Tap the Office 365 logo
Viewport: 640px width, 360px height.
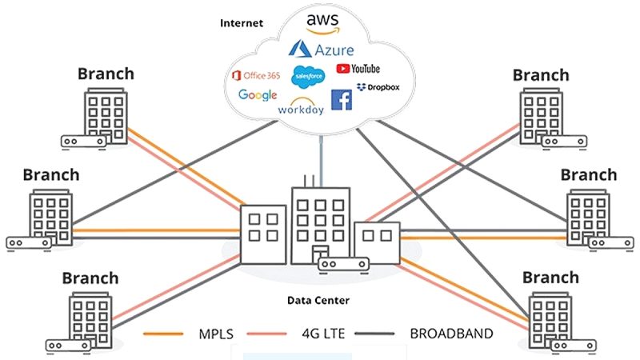coord(255,76)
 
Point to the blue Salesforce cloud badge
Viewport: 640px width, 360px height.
coord(308,77)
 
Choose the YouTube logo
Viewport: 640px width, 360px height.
coord(358,70)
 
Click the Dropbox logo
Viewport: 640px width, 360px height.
coord(378,86)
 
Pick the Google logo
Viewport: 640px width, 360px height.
coord(258,96)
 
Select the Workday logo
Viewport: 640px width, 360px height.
coord(301,106)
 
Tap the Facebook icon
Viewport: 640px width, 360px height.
coord(342,100)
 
